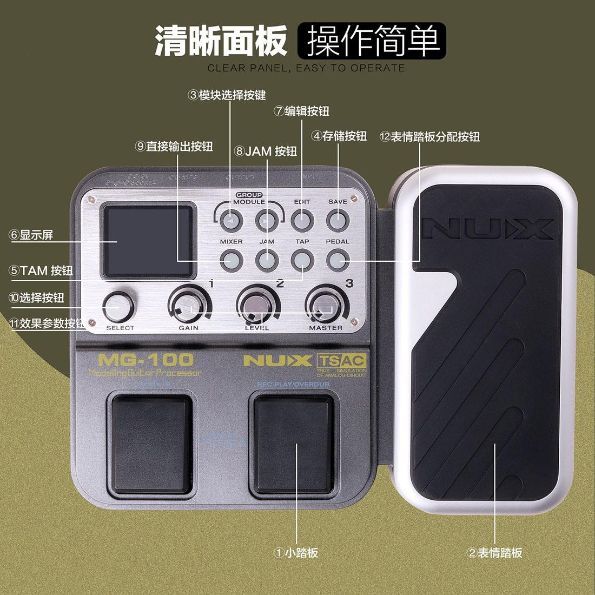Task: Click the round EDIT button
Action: (302, 220)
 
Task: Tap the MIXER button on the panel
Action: (231, 260)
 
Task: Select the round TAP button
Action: (302, 260)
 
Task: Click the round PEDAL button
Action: (337, 260)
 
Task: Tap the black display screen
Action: (148, 241)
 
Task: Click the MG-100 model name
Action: (146, 360)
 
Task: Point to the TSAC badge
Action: (341, 361)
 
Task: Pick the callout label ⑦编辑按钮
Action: (301, 111)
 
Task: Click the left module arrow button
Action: (231, 220)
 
